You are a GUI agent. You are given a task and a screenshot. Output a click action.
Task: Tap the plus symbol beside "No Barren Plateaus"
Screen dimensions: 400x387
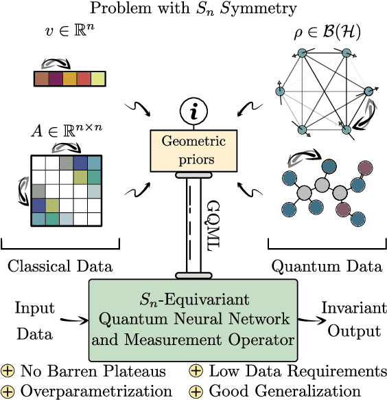pos(9,372)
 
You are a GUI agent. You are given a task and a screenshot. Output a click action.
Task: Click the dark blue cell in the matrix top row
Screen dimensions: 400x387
pos(81,163)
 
